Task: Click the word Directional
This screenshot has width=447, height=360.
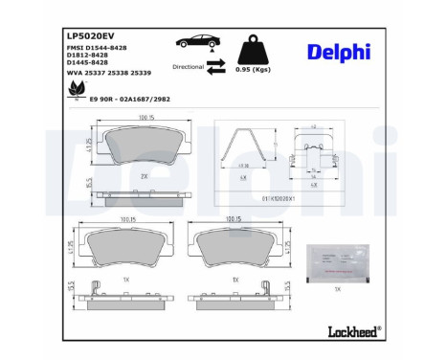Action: pyautogui.click(x=189, y=67)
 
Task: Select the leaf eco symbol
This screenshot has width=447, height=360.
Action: pyautogui.click(x=74, y=91)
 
